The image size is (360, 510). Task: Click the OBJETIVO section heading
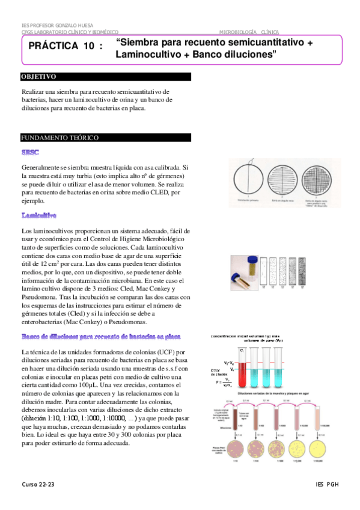click(x=38, y=78)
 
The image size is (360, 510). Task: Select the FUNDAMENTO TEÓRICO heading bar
click(x=59, y=138)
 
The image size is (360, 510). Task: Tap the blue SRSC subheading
click(x=30, y=153)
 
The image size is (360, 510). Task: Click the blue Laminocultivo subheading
click(x=38, y=215)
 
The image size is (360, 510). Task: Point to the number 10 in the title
click(x=88, y=46)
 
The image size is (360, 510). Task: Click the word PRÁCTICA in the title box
click(x=53, y=46)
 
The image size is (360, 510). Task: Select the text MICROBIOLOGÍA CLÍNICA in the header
click(x=249, y=31)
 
